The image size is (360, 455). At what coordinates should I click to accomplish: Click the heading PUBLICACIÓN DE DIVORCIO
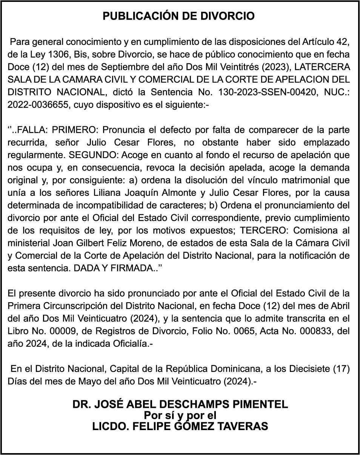coord(179,16)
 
